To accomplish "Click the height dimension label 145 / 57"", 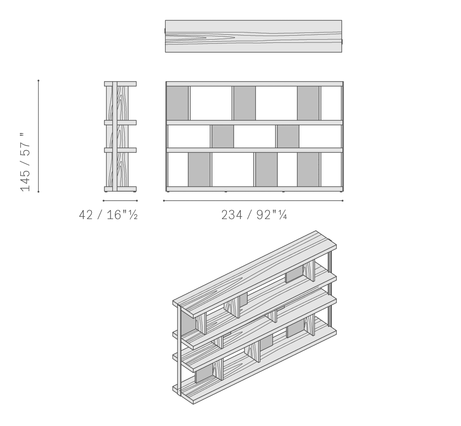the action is click(x=25, y=162).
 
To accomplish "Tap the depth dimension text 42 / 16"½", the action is click(x=108, y=215).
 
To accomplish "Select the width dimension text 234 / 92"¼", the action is click(x=254, y=215).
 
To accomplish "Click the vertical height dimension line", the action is click(x=39, y=136).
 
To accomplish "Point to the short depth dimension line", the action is click(x=120, y=201).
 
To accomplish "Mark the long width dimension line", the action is click(x=253, y=201).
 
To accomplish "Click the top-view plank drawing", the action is click(x=253, y=36).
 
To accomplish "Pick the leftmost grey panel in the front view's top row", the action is click(x=177, y=103).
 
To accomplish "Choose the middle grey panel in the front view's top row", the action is click(x=244, y=103).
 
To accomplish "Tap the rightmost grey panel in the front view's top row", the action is click(x=308, y=103).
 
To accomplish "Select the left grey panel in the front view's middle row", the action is click(x=223, y=137).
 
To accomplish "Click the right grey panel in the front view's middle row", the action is click(x=288, y=137).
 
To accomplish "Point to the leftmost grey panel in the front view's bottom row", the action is click(x=199, y=169).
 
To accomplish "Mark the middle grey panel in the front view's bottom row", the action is click(x=267, y=169).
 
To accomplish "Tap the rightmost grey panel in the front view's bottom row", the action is click(x=308, y=169).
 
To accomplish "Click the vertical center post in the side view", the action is click(x=115, y=137).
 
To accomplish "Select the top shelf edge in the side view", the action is click(x=120, y=84).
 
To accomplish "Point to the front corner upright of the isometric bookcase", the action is click(x=179, y=350).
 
